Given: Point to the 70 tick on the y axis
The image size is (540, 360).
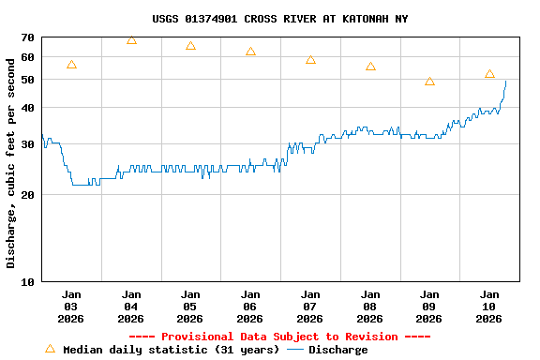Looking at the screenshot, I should tap(26, 37).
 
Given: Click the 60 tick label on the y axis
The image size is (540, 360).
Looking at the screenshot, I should tap(26, 56).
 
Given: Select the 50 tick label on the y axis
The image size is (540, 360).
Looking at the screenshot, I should tap(26, 80).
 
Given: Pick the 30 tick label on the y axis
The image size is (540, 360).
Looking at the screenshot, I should tap(26, 143).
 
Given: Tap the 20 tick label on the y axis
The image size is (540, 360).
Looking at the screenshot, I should tap(26, 195).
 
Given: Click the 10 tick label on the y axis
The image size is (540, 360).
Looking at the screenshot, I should tap(26, 281).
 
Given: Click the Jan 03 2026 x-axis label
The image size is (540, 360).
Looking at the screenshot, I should tap(71, 306).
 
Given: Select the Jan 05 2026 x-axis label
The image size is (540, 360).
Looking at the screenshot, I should tap(190, 306).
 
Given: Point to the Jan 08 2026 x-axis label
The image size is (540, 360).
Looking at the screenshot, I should tap(370, 306).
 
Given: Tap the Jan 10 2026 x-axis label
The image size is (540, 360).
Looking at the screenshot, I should tap(489, 306).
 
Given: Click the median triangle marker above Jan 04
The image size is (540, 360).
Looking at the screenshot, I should tap(131, 40).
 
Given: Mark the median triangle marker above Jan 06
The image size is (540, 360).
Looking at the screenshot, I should tap(250, 52).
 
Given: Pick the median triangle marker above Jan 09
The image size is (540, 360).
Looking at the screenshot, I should tap(429, 82).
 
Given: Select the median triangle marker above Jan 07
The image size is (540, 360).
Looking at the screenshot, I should tap(310, 60).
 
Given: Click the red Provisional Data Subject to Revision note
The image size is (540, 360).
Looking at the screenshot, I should tap(278, 337).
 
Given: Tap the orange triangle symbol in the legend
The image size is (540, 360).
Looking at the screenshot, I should tap(50, 349).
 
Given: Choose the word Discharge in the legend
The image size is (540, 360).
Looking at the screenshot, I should tap(337, 350).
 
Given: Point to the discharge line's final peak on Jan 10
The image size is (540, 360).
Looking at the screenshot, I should tap(505, 82).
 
